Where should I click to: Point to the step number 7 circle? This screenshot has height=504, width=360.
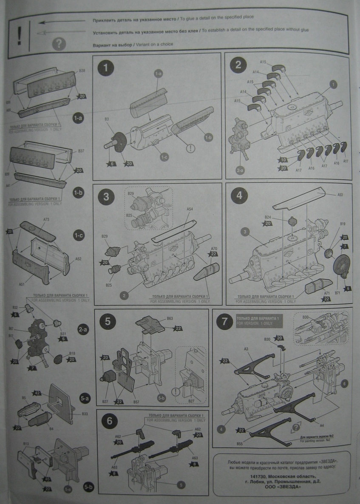(224, 322)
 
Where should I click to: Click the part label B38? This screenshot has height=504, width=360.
(82, 70)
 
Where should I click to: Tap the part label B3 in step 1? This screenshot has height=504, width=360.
(107, 120)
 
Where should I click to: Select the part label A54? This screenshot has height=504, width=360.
(190, 209)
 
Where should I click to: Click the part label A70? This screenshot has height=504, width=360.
(214, 248)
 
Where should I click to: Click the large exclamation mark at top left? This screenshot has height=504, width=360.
(19, 35)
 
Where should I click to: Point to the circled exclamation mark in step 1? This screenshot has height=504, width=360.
(190, 149)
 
